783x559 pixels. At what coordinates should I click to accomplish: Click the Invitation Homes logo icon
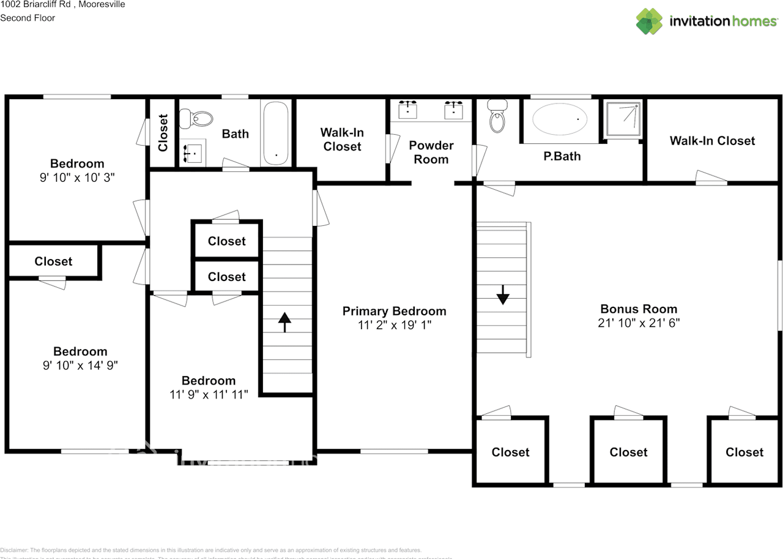point(649,21)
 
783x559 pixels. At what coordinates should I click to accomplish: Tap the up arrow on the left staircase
point(284,321)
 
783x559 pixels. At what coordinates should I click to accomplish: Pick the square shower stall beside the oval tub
point(623,118)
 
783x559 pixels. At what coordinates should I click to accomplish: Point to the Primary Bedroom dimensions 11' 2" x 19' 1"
point(395,325)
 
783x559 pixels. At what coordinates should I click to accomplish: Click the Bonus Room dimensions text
point(639,323)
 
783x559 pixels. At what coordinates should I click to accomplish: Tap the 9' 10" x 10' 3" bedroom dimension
point(77,178)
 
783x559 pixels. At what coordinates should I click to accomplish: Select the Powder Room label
point(431,152)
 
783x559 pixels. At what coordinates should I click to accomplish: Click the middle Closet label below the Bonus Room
point(628,452)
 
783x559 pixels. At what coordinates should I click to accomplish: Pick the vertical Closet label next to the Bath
point(163,133)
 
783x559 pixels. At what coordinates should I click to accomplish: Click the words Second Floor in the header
point(28,18)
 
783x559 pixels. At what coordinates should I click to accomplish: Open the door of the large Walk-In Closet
point(711,179)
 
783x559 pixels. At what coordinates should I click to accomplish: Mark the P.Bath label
point(562,156)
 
